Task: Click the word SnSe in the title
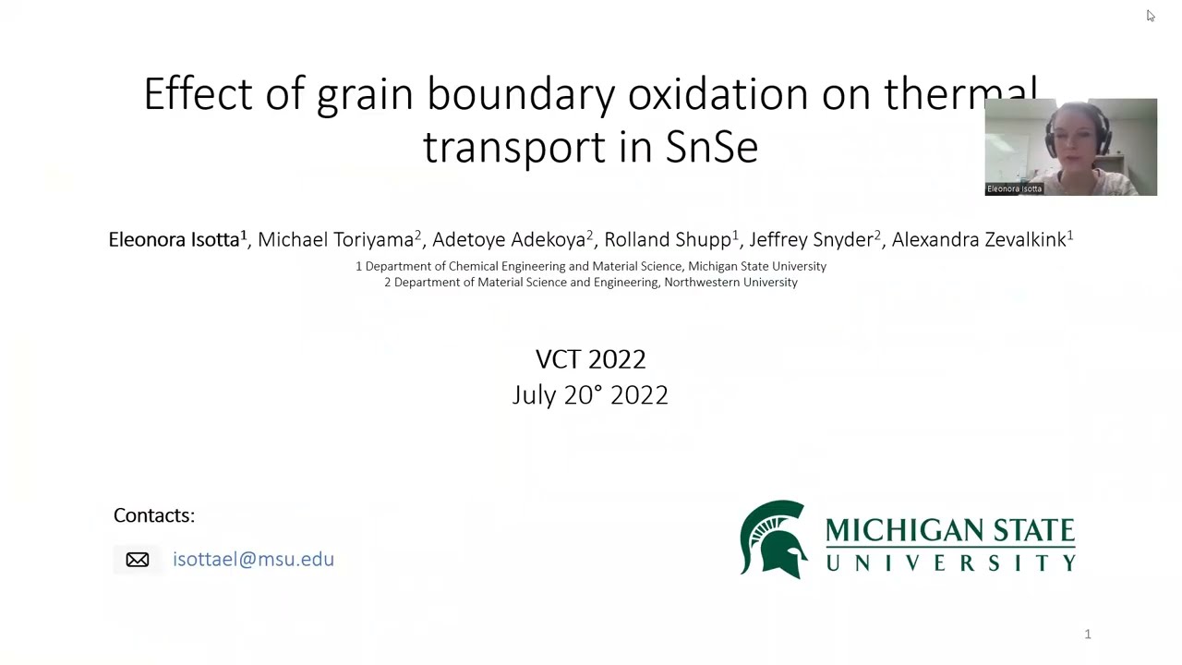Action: [711, 147]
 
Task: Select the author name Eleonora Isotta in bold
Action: [175, 240]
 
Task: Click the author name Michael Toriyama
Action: [336, 240]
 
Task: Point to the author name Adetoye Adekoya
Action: [509, 240]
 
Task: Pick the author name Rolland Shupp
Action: [668, 240]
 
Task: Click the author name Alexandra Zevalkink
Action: [979, 240]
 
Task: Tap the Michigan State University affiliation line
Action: [591, 266]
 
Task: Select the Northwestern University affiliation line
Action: [591, 283]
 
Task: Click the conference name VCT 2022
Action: [591, 358]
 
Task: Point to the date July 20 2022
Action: [590, 394]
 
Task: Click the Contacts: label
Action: [154, 515]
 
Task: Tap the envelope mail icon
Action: [138, 560]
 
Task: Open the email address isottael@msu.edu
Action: [253, 560]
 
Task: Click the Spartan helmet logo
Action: [774, 539]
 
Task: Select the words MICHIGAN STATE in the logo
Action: [950, 530]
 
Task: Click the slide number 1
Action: [1088, 635]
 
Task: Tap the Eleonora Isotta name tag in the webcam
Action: [1014, 188]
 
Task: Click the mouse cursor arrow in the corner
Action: [1150, 15]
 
